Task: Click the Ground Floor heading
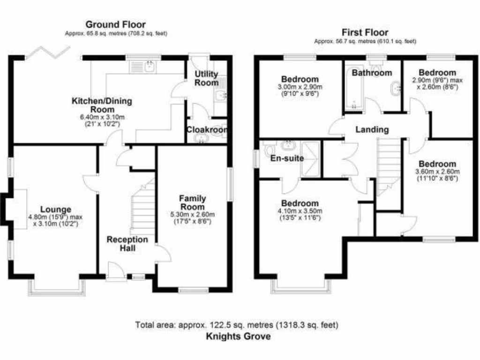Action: tap(115, 24)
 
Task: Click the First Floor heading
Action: tap(365, 32)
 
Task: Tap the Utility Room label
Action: tap(207, 78)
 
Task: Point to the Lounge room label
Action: tap(55, 210)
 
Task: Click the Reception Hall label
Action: tap(127, 243)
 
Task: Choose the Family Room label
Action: tap(193, 203)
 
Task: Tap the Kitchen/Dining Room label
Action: tap(102, 105)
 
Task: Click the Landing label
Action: tap(371, 129)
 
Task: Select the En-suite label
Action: tap(287, 158)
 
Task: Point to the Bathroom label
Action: tap(372, 73)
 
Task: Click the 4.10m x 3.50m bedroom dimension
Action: tap(300, 211)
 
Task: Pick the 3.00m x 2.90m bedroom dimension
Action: tap(300, 87)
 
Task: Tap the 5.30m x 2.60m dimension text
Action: tap(193, 215)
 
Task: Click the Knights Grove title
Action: tap(239, 336)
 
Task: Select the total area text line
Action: tap(237, 324)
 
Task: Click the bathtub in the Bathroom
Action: tap(352, 94)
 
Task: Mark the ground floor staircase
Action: tap(142, 209)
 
